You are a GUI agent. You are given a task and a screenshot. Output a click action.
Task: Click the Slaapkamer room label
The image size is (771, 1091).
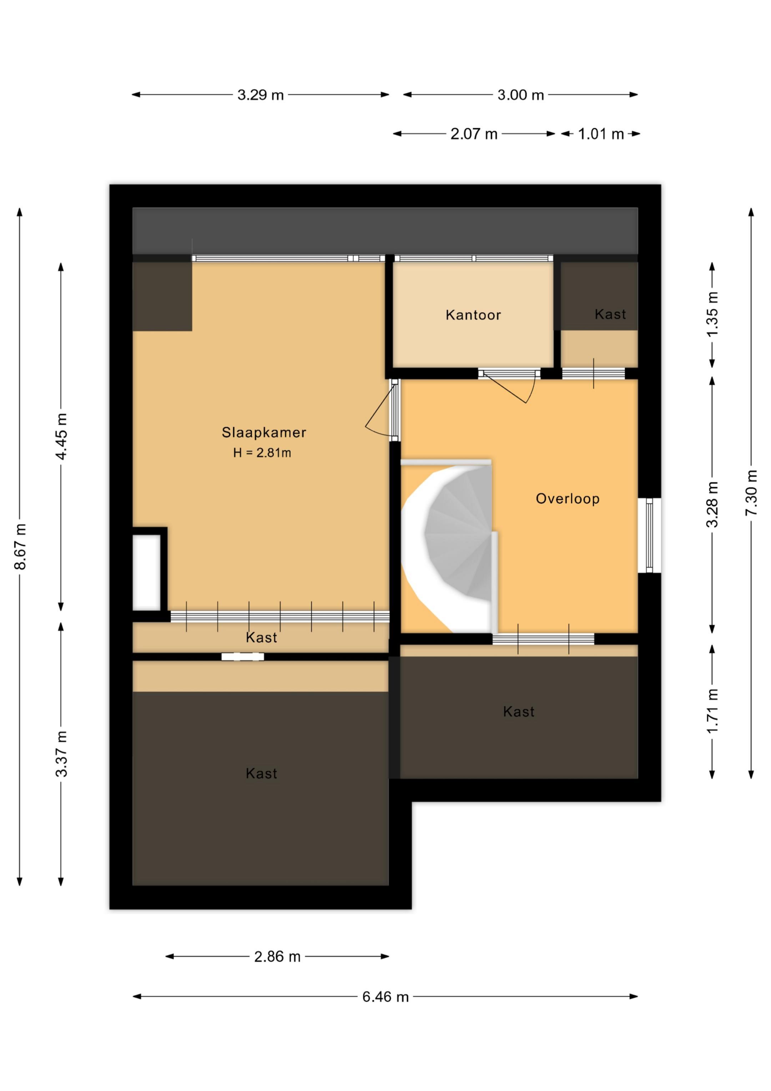[x=264, y=432]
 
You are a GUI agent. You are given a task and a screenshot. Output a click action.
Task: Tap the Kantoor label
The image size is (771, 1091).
[x=473, y=315]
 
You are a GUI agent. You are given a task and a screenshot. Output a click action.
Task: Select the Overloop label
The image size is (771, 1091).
[x=568, y=499]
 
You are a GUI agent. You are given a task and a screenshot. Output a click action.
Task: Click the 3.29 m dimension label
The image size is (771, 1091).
[x=260, y=95]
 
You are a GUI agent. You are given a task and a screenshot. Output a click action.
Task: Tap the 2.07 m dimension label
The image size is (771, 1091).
[x=474, y=134]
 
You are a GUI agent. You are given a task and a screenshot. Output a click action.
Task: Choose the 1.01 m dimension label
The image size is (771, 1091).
[x=600, y=134]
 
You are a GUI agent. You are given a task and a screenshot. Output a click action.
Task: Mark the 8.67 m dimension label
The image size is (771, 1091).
[x=20, y=546]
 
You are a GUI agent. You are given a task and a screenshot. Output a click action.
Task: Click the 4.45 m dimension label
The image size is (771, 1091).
[x=61, y=436]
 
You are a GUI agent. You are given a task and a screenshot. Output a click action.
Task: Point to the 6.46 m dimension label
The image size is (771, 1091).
[x=385, y=996]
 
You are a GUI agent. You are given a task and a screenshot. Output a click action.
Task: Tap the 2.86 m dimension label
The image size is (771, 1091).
[x=277, y=956]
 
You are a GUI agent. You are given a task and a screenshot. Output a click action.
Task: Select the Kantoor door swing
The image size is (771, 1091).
[x=511, y=387]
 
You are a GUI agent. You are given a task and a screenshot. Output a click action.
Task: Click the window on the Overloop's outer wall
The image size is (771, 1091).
[x=649, y=535]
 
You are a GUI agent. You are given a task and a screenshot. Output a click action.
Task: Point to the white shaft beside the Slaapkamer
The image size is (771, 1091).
[x=146, y=572]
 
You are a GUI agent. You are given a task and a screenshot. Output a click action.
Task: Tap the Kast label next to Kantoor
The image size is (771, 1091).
[x=610, y=314]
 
